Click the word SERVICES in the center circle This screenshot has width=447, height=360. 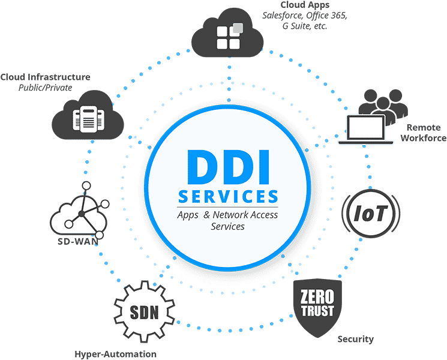pos(229,196)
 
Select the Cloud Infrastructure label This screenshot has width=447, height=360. pos(46,77)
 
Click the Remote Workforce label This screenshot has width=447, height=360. pos(424,133)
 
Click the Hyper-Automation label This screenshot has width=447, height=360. pos(116,354)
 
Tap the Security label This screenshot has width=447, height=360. pos(355,339)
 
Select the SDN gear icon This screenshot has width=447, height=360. pos(145,312)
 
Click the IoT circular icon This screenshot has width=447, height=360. pos(370,212)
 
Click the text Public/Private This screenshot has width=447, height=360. pos(45,88)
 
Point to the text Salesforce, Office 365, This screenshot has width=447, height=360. pos(305,16)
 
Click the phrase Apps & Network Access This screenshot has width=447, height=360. pos(228,215)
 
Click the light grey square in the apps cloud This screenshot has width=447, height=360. pos(238,28)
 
